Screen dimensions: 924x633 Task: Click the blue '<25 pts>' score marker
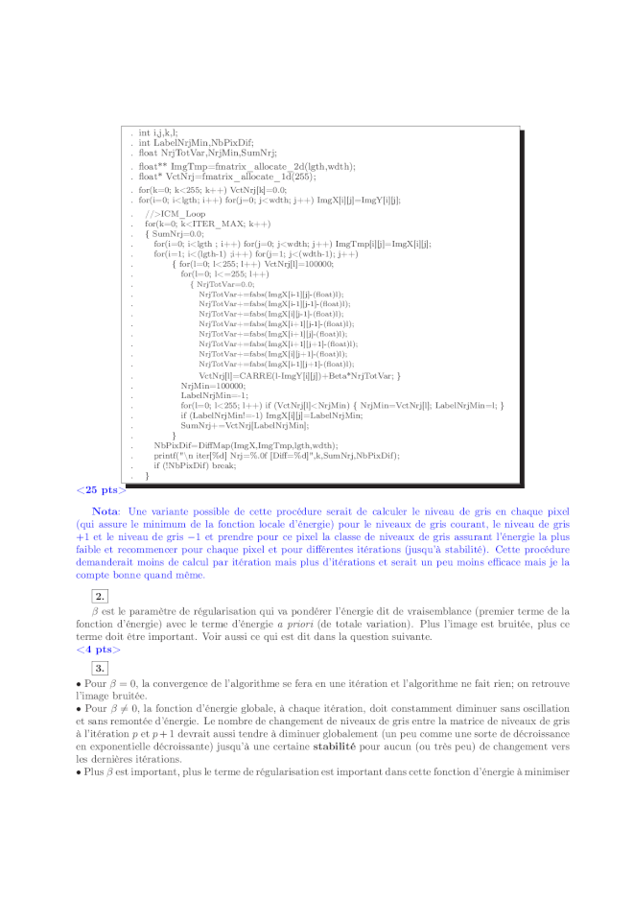(101, 490)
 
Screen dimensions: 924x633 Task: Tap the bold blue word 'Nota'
(105, 513)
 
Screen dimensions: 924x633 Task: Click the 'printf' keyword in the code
(166, 455)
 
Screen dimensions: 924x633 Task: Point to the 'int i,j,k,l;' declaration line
(157, 132)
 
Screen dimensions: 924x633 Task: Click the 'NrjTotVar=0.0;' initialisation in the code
(225, 284)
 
